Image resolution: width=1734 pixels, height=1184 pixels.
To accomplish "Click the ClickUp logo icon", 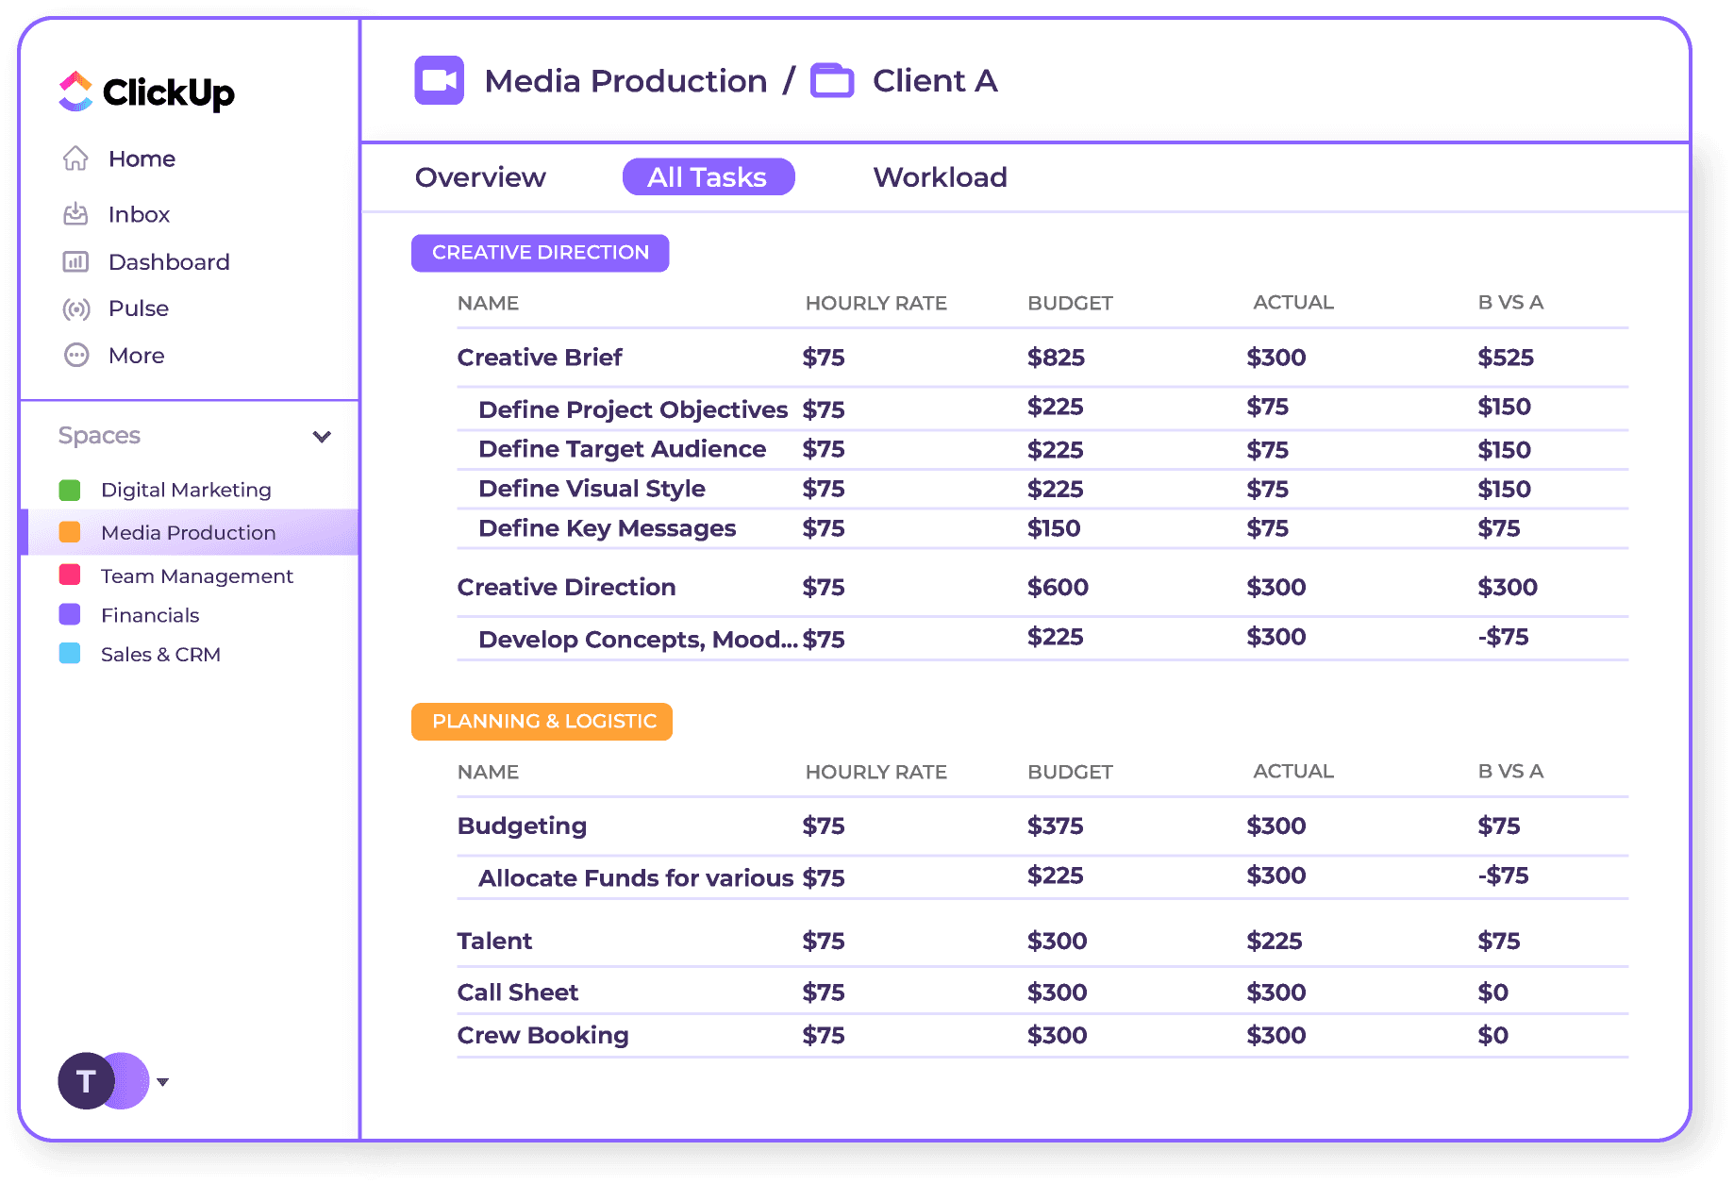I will (75, 92).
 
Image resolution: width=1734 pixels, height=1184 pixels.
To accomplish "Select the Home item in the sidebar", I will (142, 158).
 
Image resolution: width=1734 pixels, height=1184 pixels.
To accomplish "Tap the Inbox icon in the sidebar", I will (75, 214).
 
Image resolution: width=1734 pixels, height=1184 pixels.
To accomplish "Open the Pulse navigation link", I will (138, 309).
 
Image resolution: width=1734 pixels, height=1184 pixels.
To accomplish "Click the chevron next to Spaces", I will (322, 436).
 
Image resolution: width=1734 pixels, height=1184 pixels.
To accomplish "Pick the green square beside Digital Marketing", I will (70, 490).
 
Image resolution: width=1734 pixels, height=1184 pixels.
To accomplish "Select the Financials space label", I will (150, 615).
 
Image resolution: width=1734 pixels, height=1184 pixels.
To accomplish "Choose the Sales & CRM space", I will (160, 655).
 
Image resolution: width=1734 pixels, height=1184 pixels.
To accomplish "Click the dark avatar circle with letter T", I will (85, 1081).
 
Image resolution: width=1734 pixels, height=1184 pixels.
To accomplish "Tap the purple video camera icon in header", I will (439, 80).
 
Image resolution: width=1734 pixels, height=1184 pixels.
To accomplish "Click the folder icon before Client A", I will (832, 80).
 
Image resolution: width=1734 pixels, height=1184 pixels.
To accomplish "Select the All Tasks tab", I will (708, 177).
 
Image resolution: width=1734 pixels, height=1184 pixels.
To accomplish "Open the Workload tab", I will (940, 177).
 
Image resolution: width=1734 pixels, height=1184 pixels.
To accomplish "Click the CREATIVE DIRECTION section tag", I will (540, 253).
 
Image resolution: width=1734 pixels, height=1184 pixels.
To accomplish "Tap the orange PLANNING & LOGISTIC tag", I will (542, 722).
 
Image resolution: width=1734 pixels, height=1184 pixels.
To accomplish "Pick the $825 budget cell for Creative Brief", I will (1056, 358).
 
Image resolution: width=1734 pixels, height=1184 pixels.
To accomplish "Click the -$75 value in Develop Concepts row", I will (1503, 637).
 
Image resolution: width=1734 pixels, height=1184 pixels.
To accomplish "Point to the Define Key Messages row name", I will (607, 528).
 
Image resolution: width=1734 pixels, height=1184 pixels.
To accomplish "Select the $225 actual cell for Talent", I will (1274, 941).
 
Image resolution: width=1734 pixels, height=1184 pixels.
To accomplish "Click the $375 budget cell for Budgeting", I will (1055, 825).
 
